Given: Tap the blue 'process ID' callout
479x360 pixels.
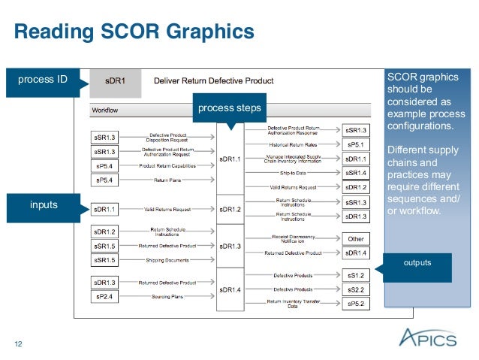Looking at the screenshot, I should coord(42,80).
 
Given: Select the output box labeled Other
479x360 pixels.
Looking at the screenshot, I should coord(356,239).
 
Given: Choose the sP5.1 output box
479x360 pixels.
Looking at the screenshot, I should coord(356,144).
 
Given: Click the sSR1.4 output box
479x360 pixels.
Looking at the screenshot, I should coord(356,173).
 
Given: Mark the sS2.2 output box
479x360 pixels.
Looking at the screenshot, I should coord(356,289).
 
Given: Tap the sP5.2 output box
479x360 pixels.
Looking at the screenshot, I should coord(356,304).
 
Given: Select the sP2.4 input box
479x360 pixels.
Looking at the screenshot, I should coord(104,296).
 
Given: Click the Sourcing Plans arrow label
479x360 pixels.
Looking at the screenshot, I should coord(168,297).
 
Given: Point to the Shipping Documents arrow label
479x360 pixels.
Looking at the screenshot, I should coord(168,260).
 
